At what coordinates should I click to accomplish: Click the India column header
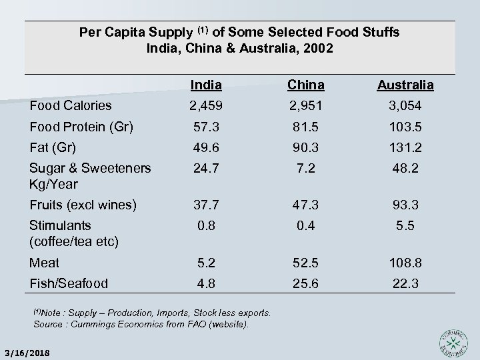pos(205,85)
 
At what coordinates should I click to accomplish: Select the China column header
pos(306,85)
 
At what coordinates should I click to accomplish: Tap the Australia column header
pos(405,85)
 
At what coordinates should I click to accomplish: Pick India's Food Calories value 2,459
pos(205,105)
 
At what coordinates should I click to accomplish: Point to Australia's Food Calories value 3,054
pos(405,105)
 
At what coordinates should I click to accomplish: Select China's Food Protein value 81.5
pos(306,127)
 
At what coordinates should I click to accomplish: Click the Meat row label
pos(45,263)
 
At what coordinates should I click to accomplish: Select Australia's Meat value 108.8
pos(405,263)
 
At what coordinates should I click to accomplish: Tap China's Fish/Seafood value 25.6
pos(306,284)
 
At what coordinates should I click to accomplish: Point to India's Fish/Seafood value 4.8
pos(205,284)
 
